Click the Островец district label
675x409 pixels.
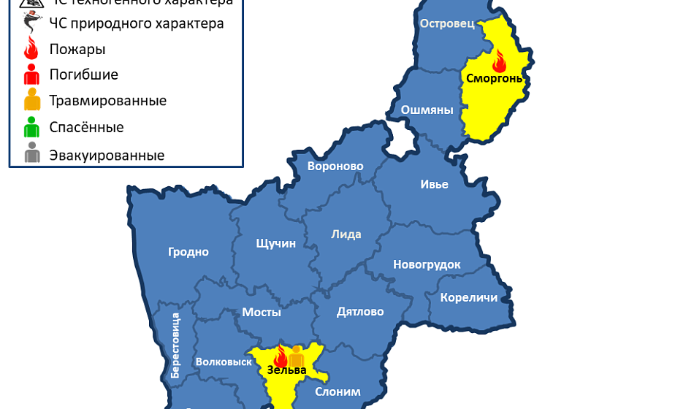[447, 24]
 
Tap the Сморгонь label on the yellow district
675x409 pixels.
[495, 77]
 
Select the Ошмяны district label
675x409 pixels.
[427, 110]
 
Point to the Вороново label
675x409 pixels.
[335, 167]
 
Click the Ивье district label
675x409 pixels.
[434, 184]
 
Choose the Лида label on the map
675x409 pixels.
[346, 234]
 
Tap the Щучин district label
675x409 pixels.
[276, 243]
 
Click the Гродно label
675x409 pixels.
[188, 252]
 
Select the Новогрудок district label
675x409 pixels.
[427, 264]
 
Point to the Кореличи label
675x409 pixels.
[469, 297]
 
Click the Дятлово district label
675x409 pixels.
[360, 312]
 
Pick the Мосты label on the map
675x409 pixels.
[262, 312]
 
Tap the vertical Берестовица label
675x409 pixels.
[175, 345]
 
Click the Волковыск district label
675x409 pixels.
[224, 362]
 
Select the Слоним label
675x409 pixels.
[337, 391]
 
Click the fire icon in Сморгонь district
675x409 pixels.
[499, 61]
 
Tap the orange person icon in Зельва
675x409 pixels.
[296, 356]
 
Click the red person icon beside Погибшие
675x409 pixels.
[31, 74]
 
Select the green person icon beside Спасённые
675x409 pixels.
[31, 128]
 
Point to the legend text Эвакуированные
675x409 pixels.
[107, 156]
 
